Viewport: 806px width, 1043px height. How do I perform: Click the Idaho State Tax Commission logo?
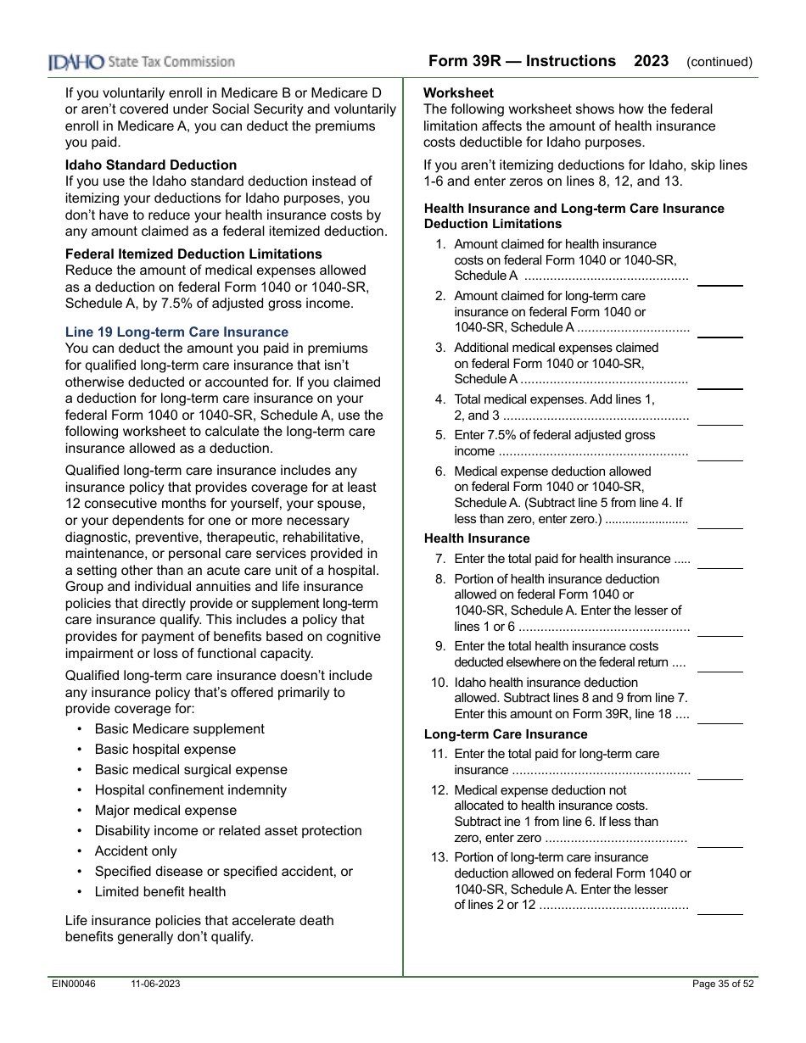click(x=142, y=62)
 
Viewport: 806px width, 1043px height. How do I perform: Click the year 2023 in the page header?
click(x=651, y=61)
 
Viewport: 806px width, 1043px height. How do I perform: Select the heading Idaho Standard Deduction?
click(x=151, y=165)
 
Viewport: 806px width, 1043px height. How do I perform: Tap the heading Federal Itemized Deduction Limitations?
click(x=193, y=254)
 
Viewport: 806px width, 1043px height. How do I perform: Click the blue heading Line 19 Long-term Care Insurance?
click(x=176, y=332)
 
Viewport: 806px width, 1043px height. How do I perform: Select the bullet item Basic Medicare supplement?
click(x=179, y=728)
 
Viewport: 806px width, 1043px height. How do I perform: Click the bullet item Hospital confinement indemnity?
click(x=190, y=789)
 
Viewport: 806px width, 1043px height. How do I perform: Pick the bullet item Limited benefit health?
click(x=160, y=891)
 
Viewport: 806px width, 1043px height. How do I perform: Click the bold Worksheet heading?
click(x=458, y=92)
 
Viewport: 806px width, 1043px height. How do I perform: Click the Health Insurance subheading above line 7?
click(x=476, y=538)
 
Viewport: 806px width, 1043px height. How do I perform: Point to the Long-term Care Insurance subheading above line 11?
click(x=506, y=733)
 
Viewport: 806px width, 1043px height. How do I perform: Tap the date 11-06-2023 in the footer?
click(x=155, y=984)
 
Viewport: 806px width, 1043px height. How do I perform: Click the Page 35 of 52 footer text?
click(x=723, y=984)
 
